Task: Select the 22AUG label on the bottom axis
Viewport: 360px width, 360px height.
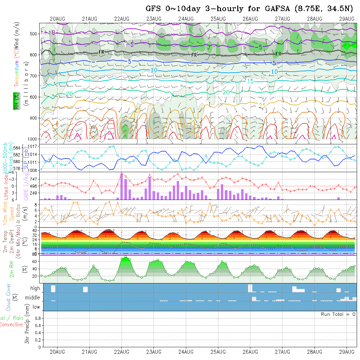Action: coord(121,352)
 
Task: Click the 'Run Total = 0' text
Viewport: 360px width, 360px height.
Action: coord(338,314)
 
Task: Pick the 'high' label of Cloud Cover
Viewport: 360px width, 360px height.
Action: coord(35,288)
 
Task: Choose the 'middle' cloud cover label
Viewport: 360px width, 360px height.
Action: coord(33,298)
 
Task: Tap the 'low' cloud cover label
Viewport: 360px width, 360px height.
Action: coord(36,307)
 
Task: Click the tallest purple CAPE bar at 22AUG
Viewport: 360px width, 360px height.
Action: coord(122,186)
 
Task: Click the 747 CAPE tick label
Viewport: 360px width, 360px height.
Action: coord(34,179)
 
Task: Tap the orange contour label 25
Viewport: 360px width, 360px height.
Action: coord(262,105)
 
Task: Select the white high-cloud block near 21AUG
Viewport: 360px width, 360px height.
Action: coord(85,289)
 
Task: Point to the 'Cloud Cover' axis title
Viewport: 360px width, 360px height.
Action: coord(9,298)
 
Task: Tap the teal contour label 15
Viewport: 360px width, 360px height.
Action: coord(250,81)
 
